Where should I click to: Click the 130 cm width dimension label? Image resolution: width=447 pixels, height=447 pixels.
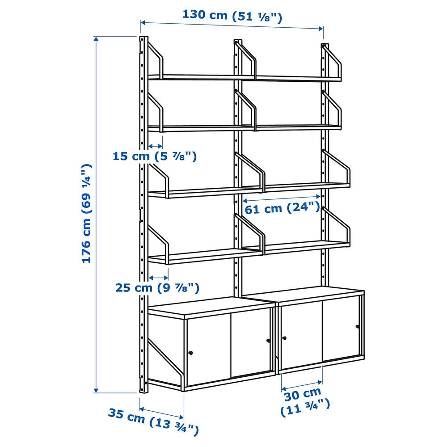click(232, 16)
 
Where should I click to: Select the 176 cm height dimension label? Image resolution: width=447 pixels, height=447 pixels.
click(87, 213)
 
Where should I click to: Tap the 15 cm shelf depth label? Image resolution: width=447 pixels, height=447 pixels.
click(155, 156)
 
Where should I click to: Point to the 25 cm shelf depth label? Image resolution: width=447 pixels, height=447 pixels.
click(157, 287)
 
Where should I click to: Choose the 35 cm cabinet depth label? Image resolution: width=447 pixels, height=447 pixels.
click(153, 421)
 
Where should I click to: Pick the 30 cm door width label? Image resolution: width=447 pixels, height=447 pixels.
click(305, 402)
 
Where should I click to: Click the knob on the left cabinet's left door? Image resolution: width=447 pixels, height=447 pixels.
click(191, 353)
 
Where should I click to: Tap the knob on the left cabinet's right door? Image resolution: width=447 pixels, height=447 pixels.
click(268, 340)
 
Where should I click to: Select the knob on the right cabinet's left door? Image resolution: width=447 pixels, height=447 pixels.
click(284, 338)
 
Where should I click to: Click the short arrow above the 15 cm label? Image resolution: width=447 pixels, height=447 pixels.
click(156, 146)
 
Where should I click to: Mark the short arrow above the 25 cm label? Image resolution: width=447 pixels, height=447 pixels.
click(159, 278)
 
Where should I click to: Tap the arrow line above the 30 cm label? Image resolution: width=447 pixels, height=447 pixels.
click(302, 385)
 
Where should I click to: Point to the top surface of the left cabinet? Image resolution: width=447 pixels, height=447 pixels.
click(211, 307)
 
